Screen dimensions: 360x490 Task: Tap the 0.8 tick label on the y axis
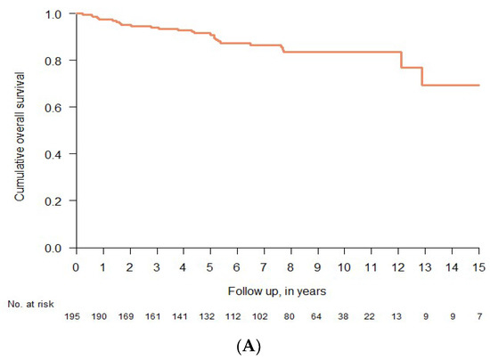pyautogui.click(x=57, y=61)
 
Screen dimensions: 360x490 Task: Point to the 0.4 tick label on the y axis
pyautogui.click(x=57, y=154)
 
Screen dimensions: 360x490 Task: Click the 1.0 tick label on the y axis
pyautogui.click(x=57, y=14)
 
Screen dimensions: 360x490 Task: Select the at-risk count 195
pyautogui.click(x=77, y=316)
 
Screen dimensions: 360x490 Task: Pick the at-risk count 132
pyautogui.click(x=210, y=316)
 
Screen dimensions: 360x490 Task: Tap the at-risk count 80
pyautogui.click(x=291, y=316)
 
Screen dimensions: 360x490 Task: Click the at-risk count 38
pyautogui.click(x=345, y=316)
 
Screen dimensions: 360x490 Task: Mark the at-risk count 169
pyautogui.click(x=130, y=316)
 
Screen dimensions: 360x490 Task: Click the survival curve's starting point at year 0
pyautogui.click(x=77, y=13)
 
